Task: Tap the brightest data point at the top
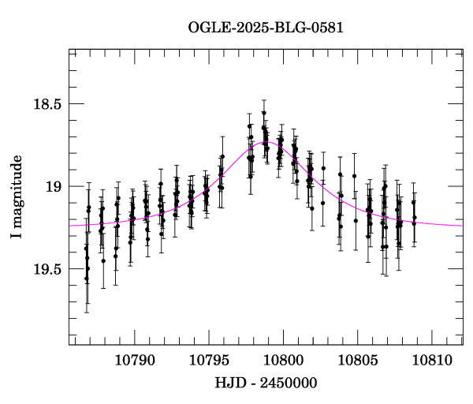click(x=263, y=113)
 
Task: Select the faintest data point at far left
click(x=86, y=279)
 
